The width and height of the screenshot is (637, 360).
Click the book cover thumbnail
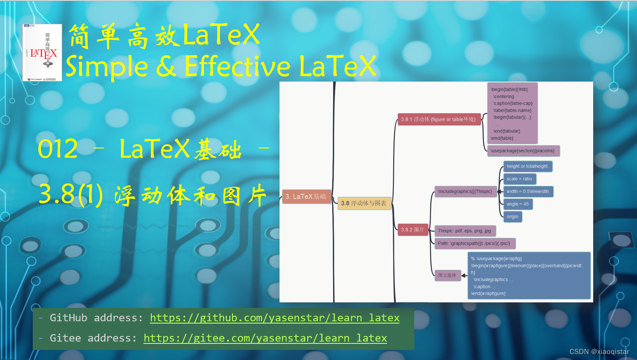[x=42, y=53]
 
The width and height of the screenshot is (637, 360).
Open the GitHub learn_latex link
[x=274, y=318]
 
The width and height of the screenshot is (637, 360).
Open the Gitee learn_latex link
[x=265, y=338]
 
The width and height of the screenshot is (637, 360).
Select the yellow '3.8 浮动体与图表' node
[x=364, y=203]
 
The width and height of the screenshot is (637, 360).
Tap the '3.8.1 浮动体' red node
[x=439, y=119]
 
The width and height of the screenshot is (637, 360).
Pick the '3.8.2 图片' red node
[x=413, y=230]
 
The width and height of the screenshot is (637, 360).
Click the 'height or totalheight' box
[x=527, y=166]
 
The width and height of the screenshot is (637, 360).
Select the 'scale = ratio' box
[x=519, y=179]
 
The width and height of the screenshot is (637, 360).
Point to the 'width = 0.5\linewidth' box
[x=528, y=192]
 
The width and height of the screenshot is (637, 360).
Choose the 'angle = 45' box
[x=518, y=204]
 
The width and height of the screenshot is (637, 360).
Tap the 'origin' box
[x=512, y=217]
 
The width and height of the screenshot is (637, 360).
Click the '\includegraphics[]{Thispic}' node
[x=465, y=191]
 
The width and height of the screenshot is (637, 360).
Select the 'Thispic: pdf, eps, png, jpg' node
[x=465, y=231]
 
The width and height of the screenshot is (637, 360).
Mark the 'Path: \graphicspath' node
[x=475, y=243]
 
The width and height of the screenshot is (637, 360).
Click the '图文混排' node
[x=447, y=276]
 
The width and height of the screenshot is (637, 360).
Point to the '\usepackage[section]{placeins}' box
[x=524, y=151]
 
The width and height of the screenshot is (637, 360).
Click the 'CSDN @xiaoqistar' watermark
[x=599, y=352]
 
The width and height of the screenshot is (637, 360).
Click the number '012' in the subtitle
[x=58, y=149]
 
